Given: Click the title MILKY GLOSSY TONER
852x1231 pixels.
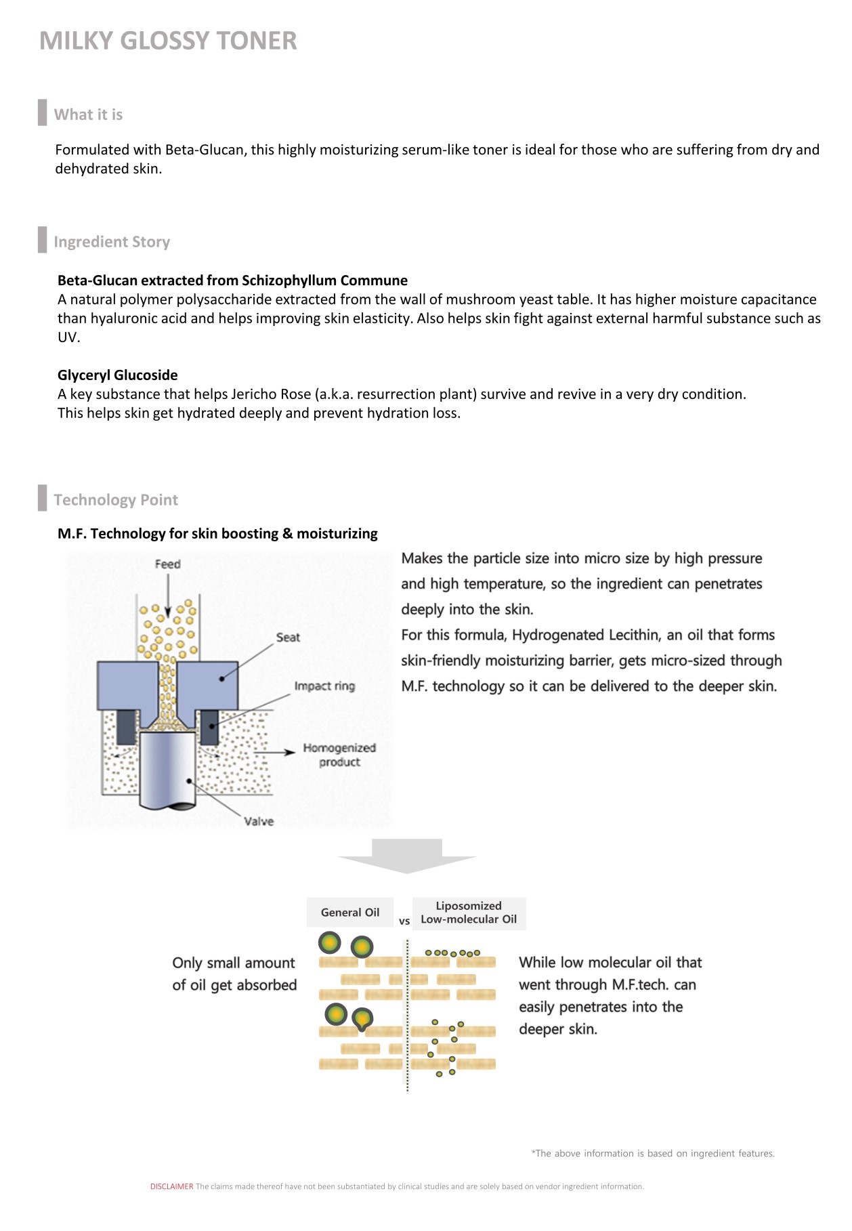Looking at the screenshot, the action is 168,41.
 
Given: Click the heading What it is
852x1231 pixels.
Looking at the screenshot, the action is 88,114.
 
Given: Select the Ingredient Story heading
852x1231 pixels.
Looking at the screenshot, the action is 112,242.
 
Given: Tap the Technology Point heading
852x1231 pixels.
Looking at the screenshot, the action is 116,500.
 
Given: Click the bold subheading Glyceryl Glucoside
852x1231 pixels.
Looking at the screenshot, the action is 118,375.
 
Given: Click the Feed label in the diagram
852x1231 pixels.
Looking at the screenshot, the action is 167,564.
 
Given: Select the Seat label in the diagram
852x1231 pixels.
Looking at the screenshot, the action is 288,638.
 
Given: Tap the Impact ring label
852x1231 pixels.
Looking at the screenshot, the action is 324,686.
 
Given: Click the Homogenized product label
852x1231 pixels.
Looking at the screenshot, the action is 339,755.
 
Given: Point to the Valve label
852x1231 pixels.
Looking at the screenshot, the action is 259,821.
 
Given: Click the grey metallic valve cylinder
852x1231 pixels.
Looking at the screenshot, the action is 168,769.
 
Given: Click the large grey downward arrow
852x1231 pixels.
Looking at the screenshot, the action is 407,856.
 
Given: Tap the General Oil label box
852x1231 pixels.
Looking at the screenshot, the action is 350,913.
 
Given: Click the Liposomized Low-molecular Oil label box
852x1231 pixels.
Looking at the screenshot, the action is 469,913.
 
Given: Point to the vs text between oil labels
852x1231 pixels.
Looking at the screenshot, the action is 404,921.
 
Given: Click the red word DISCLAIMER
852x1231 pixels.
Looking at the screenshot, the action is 172,1186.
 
